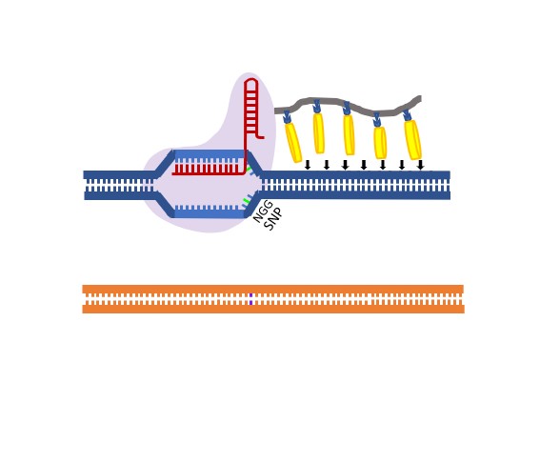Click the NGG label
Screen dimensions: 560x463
point(263,211)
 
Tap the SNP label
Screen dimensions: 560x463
point(273,219)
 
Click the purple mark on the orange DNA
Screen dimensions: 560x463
point(250,299)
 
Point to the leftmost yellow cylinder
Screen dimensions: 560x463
point(293,143)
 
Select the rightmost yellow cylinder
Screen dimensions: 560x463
point(413,140)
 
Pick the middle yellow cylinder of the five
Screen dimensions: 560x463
point(349,135)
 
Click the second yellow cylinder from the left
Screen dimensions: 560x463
point(318,133)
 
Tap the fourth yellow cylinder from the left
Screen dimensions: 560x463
point(380,143)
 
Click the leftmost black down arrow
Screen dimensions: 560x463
point(308,165)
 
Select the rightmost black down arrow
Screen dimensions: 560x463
point(420,165)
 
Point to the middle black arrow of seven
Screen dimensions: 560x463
point(364,165)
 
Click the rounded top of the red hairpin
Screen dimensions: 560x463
point(251,80)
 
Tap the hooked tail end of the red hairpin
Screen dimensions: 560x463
point(262,137)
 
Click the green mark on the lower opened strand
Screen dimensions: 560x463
point(246,201)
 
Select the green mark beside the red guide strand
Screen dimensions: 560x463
point(249,169)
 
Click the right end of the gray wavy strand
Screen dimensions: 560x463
point(421,99)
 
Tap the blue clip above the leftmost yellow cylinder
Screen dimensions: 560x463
point(287,117)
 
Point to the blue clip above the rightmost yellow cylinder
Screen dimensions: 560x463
point(408,114)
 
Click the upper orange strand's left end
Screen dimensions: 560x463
point(83,289)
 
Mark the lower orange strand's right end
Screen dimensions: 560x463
point(464,309)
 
